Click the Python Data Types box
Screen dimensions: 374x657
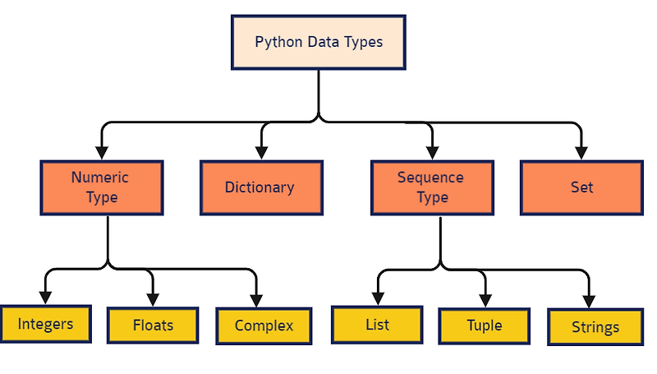pos(319,41)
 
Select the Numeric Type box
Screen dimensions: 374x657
pos(101,187)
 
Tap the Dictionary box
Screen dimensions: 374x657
pos(260,187)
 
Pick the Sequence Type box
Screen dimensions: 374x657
pos(432,187)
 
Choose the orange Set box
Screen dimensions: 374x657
pos(581,187)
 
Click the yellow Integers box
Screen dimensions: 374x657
pos(45,324)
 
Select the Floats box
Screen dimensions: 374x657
pos(153,325)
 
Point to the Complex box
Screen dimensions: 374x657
pos(264,326)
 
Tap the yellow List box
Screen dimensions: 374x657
pos(377,324)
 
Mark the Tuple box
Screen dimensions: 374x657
pos(484,326)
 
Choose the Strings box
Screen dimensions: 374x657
pos(595,327)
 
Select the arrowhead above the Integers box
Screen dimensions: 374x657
pos(45,298)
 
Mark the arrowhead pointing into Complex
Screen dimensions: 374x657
pos(256,301)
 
